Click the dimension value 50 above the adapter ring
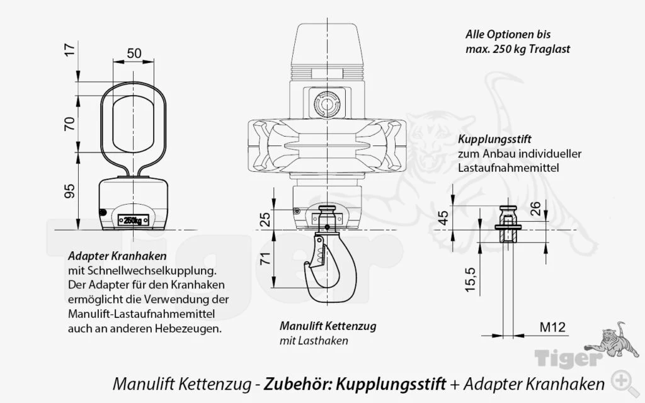coord(134,54)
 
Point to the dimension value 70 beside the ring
coord(70,122)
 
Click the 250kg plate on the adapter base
coord(133,220)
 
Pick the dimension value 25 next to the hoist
coord(266,219)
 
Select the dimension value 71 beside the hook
coord(266,258)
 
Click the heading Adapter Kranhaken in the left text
coord(117,257)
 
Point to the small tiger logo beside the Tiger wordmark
coord(607,339)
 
